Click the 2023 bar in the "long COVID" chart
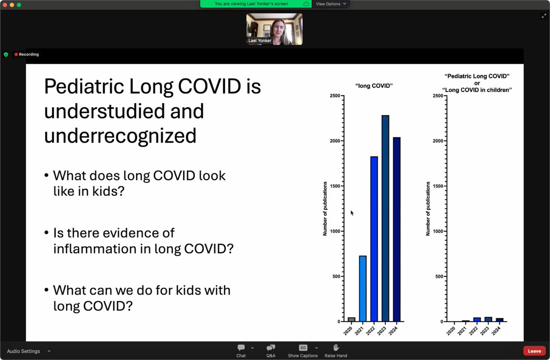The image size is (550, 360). tap(385, 218)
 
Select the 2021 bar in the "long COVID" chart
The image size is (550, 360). tap(363, 288)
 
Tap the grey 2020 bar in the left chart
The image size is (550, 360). tap(352, 320)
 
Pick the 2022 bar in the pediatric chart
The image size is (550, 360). tap(477, 320)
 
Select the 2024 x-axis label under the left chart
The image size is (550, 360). tap(393, 331)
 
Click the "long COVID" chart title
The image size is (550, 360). tap(374, 86)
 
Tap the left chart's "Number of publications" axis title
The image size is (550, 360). tap(325, 209)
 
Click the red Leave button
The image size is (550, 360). tap(534, 351)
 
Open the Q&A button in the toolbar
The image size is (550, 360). tap(271, 351)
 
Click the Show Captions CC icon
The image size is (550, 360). tap(303, 348)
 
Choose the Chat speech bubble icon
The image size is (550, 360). tap(241, 348)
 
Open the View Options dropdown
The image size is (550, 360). tap(330, 4)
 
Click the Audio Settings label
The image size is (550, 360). tap(23, 351)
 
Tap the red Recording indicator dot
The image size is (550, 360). tap(16, 54)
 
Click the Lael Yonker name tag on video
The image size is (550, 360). tap(259, 40)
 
